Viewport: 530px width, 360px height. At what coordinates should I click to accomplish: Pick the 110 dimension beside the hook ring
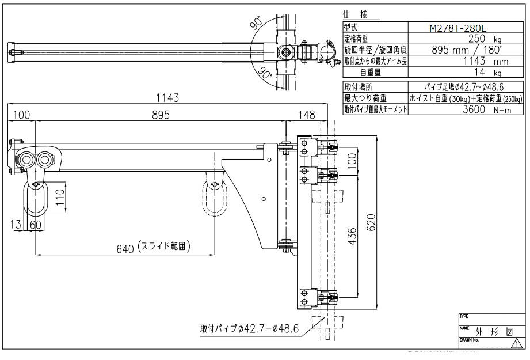tap(59, 198)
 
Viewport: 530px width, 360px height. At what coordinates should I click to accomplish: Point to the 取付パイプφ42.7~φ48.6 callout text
tap(249, 328)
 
